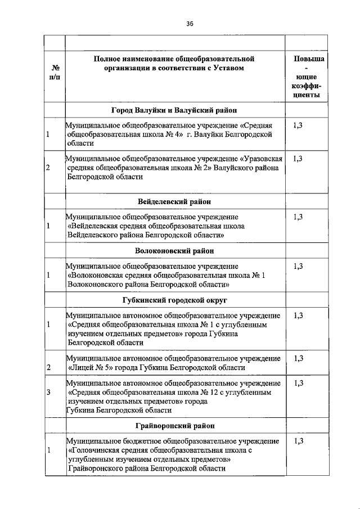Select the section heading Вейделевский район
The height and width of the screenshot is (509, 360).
coord(174,201)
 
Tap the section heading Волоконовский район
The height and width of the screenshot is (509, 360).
coord(174,250)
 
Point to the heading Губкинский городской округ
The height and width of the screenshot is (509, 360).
coord(174,300)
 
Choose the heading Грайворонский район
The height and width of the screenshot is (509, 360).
coord(174,426)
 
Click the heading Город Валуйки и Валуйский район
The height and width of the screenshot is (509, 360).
coord(174,110)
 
